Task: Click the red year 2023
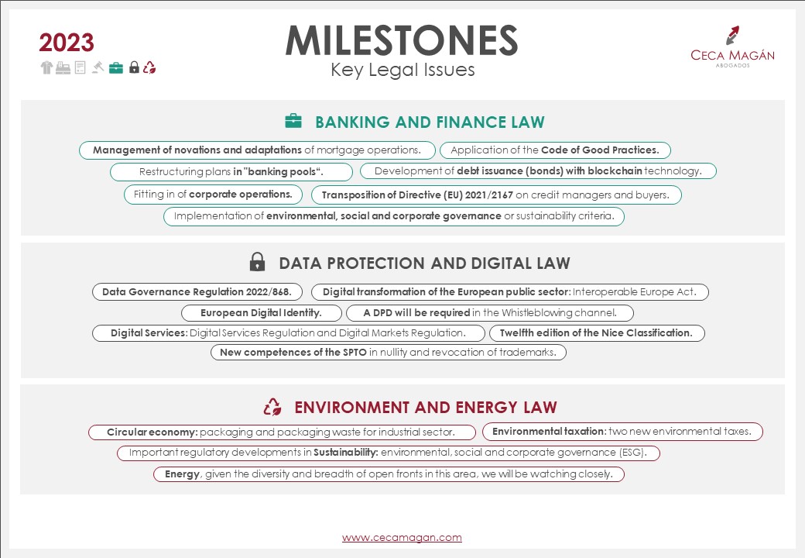[x=67, y=43]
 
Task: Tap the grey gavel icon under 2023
[x=98, y=67]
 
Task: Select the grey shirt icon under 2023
[x=46, y=67]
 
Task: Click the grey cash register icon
[x=63, y=67]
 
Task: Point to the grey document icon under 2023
[x=80, y=67]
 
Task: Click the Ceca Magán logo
[x=732, y=46]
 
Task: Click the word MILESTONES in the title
[x=402, y=40]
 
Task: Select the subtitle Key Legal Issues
[x=402, y=71]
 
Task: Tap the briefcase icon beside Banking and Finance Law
[x=293, y=121]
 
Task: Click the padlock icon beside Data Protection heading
[x=257, y=263]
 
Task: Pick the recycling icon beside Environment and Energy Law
[x=272, y=407]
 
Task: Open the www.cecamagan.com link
[x=402, y=537]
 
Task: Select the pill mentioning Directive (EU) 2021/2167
[x=496, y=195]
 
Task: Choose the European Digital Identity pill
[x=262, y=313]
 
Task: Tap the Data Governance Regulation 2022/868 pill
[x=197, y=292]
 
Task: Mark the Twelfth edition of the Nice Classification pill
[x=596, y=333]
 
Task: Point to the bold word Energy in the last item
[x=182, y=474]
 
